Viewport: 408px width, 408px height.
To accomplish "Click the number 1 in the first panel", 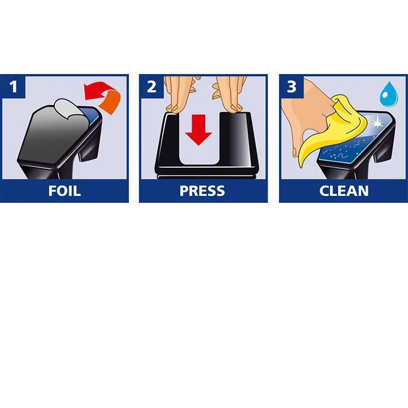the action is pyautogui.click(x=13, y=86).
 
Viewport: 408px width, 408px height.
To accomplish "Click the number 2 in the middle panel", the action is pyautogui.click(x=152, y=86).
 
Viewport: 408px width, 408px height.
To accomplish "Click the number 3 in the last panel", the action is pyautogui.click(x=291, y=86).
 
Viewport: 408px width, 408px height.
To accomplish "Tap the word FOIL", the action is pyautogui.click(x=64, y=191).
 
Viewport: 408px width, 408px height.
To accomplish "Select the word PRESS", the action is pyautogui.click(x=202, y=191).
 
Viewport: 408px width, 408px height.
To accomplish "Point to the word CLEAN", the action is pyautogui.click(x=344, y=191).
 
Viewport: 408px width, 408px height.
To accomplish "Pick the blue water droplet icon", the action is pyautogui.click(x=389, y=94).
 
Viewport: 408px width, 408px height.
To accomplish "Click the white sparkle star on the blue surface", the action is pyautogui.click(x=377, y=122).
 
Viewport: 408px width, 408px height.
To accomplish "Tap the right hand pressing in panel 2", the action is pyautogui.click(x=230, y=94).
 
